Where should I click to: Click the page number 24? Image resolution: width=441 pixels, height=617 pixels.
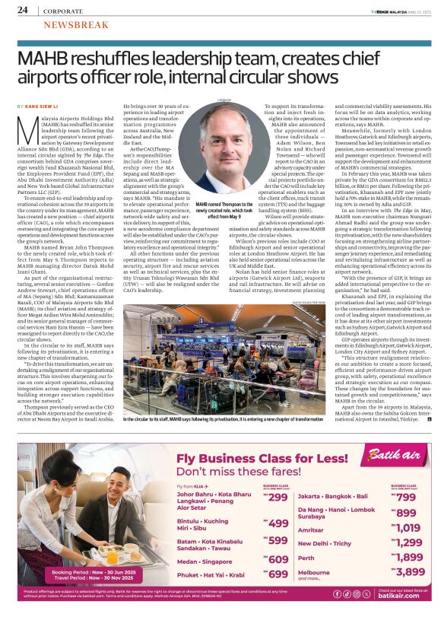pos(23,10)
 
